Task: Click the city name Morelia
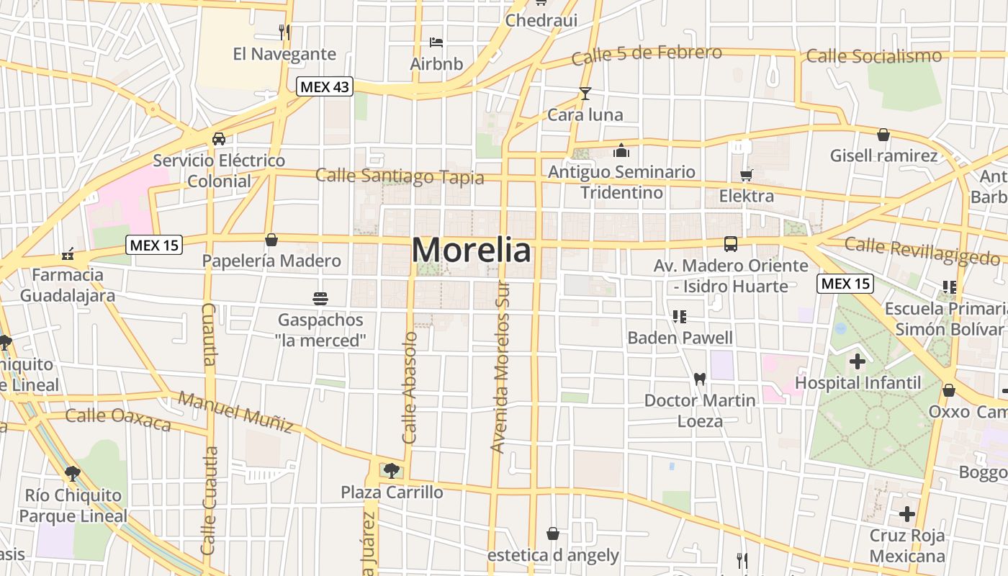[x=472, y=250]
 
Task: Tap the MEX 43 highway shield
[x=324, y=86]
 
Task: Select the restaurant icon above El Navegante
[x=284, y=32]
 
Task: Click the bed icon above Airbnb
[x=436, y=42]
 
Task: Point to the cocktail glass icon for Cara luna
[x=585, y=94]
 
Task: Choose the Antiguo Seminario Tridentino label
[x=621, y=182]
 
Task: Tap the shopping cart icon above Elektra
[x=746, y=175]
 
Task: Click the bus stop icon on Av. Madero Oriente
[x=731, y=244]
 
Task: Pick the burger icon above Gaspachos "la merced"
[x=320, y=298]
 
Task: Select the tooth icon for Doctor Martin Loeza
[x=699, y=378]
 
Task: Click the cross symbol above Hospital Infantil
[x=857, y=361]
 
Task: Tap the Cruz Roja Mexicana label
[x=906, y=546]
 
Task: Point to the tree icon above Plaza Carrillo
[x=391, y=471]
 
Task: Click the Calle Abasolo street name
[x=410, y=387]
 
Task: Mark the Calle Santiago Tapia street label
[x=400, y=176]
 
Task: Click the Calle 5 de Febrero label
[x=647, y=55]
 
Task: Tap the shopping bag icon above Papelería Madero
[x=271, y=240]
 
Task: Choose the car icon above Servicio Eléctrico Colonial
[x=218, y=139]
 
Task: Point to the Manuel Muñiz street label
[x=235, y=412]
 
